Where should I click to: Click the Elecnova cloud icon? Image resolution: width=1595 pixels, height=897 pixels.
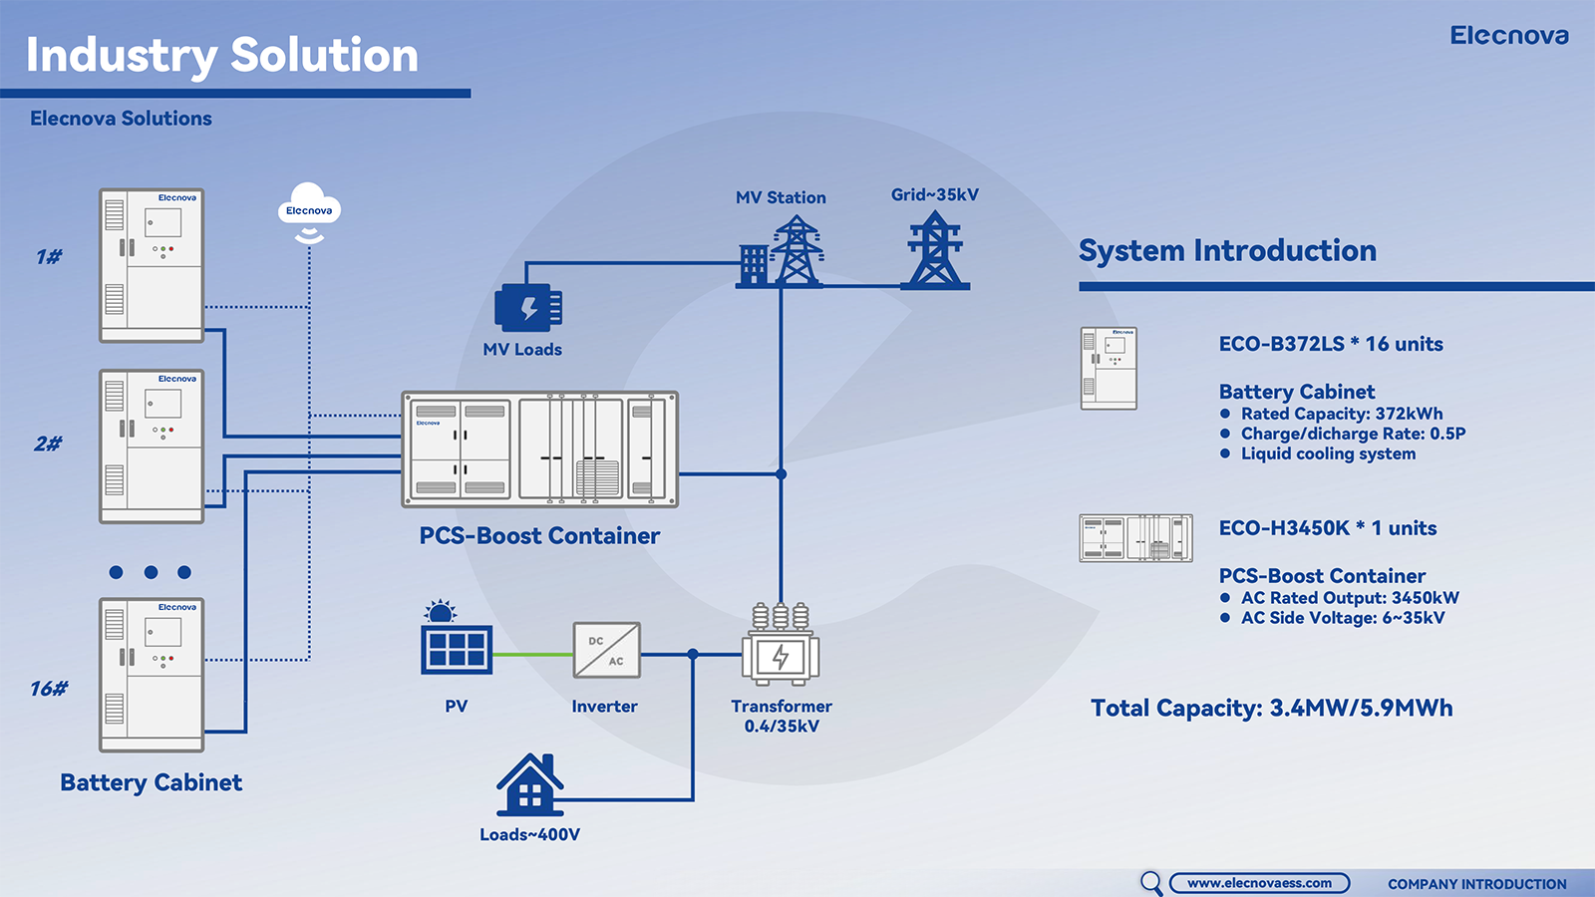tap(309, 209)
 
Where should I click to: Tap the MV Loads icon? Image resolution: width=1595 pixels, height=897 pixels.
tap(528, 308)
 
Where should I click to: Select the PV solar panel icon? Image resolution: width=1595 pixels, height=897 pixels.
tap(457, 648)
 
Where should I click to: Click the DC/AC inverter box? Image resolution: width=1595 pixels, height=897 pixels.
tap(606, 650)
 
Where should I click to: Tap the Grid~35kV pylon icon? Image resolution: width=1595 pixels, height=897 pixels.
tap(934, 251)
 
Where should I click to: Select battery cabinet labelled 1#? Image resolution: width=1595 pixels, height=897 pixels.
tap(152, 265)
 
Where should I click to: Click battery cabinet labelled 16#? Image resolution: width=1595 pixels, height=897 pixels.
tap(152, 675)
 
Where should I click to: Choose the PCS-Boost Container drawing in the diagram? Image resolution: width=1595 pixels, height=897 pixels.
tap(539, 449)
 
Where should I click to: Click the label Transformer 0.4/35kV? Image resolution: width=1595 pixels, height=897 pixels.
tap(782, 716)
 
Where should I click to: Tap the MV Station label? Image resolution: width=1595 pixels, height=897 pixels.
tap(781, 197)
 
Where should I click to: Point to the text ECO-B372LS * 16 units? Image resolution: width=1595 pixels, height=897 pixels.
tap(1331, 344)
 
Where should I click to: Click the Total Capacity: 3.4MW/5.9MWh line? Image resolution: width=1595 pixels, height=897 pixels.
tap(1271, 708)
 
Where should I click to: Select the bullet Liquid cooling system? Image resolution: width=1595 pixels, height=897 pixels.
tap(1328, 454)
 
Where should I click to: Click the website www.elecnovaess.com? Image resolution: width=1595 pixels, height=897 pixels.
tap(1259, 883)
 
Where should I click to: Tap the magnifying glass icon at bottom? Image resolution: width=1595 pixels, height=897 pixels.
tap(1151, 883)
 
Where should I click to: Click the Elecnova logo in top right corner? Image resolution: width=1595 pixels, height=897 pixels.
tap(1508, 36)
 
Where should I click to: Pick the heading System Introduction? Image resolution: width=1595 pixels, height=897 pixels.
tap(1227, 250)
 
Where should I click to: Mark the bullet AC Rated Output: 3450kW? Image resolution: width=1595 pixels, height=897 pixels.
tap(1350, 598)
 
